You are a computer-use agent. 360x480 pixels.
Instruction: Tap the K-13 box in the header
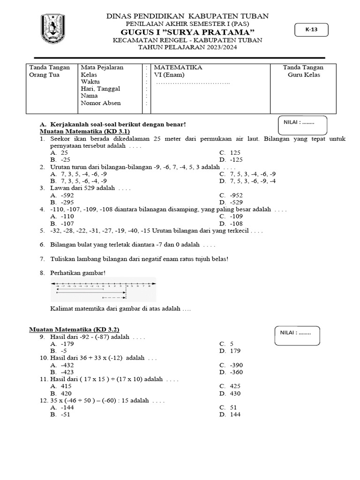click(x=311, y=30)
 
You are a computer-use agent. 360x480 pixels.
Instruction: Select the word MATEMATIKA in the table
click(x=178, y=67)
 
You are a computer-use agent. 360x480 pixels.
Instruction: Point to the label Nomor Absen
click(x=100, y=103)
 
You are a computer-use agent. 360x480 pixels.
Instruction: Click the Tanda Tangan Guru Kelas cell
click(x=303, y=71)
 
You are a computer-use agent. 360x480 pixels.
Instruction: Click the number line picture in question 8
click(x=104, y=289)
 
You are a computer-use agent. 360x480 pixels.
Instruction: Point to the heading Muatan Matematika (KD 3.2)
click(x=77, y=330)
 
